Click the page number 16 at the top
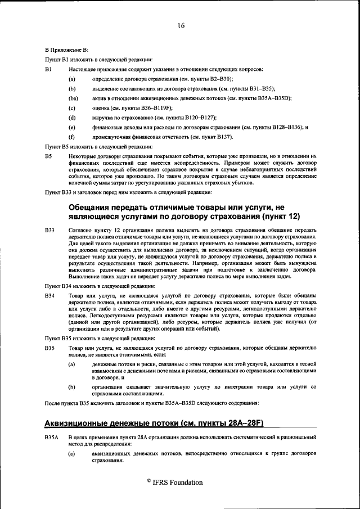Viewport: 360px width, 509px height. [181, 25]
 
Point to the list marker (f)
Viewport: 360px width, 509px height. [71, 137]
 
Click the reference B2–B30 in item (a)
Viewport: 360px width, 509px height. [224, 79]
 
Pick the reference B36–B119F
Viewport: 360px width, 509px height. [155, 108]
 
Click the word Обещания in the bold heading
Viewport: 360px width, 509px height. [93, 206]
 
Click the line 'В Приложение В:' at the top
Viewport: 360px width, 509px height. [66, 50]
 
